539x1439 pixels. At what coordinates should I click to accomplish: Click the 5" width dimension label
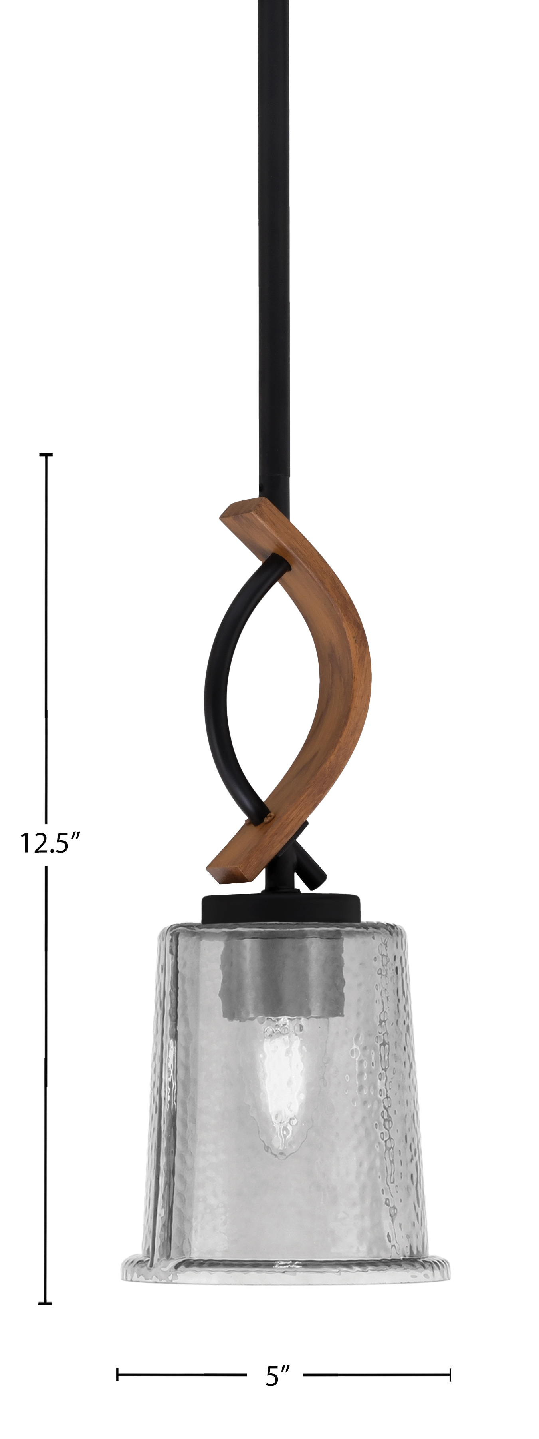pos(278,1377)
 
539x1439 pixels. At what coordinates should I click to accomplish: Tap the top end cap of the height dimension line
pos(46,455)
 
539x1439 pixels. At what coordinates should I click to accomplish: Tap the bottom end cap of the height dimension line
pos(46,1304)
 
